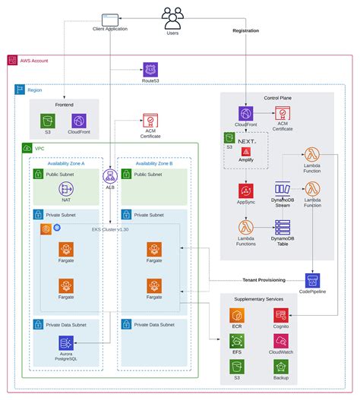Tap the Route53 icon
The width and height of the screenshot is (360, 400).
tap(150, 69)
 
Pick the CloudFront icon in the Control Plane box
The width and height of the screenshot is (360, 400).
tap(245, 113)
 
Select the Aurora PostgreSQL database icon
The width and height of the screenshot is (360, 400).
tap(66, 344)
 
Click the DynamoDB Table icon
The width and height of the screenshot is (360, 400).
tap(283, 228)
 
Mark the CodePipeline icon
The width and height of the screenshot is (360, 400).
tap(312, 280)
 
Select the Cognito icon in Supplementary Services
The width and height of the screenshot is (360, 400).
tap(280, 315)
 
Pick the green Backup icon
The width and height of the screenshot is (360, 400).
tap(280, 367)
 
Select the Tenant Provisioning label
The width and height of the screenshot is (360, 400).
tap(257, 279)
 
